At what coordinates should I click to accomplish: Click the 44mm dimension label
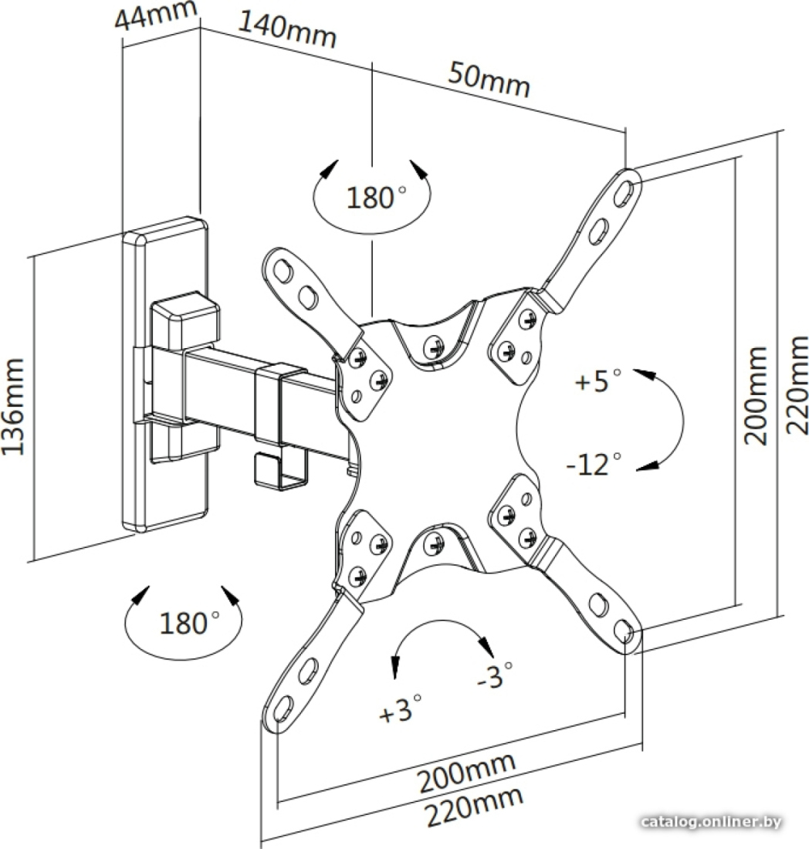155,16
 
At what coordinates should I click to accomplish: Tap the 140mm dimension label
287,31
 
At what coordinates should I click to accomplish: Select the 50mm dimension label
489,79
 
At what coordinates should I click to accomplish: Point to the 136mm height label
13,406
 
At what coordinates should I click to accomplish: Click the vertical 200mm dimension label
756,396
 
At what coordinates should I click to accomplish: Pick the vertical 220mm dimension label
797,385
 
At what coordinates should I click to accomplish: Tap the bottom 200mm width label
465,771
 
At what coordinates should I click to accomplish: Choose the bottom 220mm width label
473,806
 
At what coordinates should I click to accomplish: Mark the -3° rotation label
494,675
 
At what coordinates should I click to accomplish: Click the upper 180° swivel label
375,197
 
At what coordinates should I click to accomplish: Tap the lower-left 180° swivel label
189,623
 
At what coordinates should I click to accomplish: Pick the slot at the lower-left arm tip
283,708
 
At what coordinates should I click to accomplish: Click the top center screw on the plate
432,346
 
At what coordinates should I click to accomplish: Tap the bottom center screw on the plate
434,543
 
